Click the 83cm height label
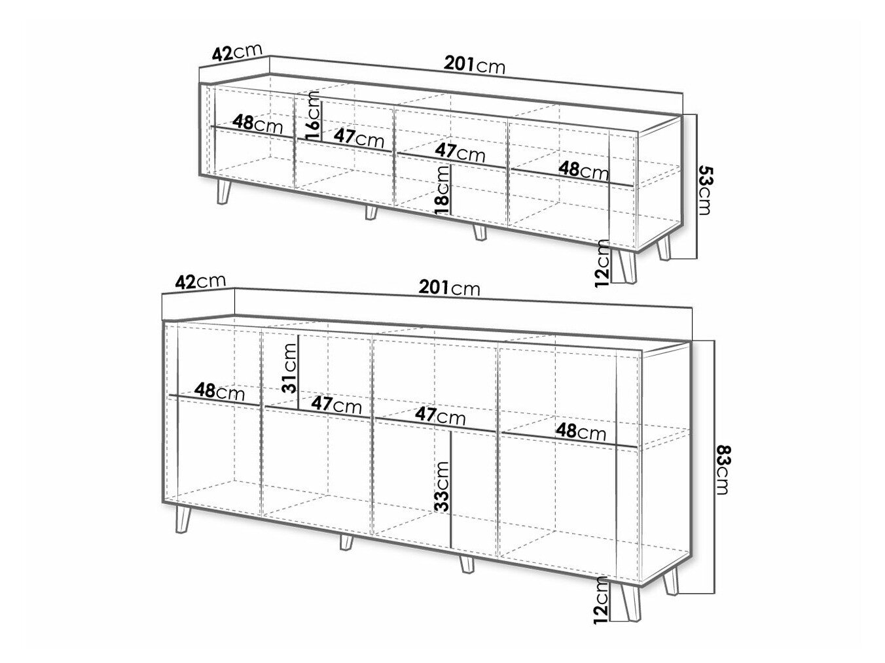point(722,469)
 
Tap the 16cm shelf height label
point(313,116)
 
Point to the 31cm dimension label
point(289,368)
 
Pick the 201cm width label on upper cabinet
point(474,65)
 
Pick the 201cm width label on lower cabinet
point(449,288)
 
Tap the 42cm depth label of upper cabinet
point(237,52)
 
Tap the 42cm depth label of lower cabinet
point(200,281)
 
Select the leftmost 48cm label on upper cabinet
point(258,124)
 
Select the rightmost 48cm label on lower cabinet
point(581,432)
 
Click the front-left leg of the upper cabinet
point(223,191)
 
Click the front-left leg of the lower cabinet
point(183,519)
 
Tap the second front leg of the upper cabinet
point(370,212)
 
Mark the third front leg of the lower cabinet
point(467,564)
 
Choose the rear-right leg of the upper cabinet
point(663,247)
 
